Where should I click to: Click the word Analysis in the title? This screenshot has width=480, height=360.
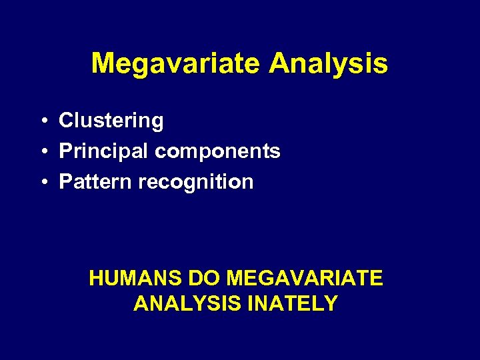(x=328, y=64)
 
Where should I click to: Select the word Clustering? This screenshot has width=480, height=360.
(x=111, y=121)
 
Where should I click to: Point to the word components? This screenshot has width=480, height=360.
(x=217, y=152)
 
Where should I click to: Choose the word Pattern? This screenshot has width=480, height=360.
(x=96, y=182)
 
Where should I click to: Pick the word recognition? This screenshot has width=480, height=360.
(x=196, y=182)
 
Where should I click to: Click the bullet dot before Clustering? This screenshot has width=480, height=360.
(x=42, y=121)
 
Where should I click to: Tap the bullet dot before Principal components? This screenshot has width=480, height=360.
(x=42, y=152)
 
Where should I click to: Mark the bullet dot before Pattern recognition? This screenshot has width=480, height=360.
(x=42, y=183)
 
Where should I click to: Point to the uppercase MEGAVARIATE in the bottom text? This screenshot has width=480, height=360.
(x=305, y=278)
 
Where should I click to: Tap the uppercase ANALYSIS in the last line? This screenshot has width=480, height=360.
(x=188, y=304)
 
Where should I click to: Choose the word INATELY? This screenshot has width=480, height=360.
(x=293, y=304)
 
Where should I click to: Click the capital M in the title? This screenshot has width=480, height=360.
(x=102, y=64)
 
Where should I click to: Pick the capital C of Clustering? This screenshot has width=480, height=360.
(x=65, y=121)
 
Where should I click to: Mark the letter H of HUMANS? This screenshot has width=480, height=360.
(x=96, y=278)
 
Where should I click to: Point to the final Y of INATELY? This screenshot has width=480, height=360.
(x=331, y=304)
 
